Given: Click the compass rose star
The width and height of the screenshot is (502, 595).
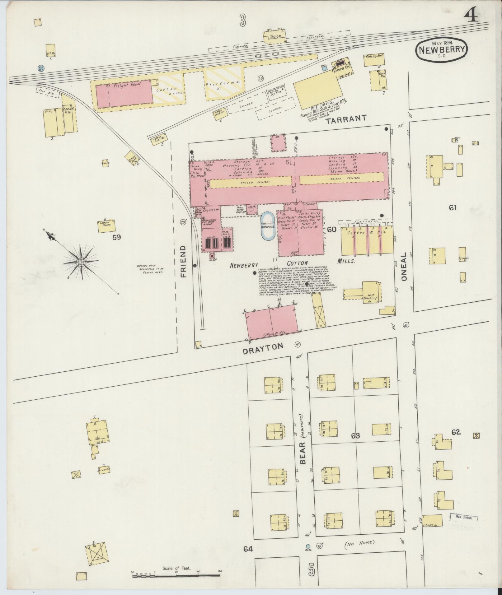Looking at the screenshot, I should [x=81, y=262].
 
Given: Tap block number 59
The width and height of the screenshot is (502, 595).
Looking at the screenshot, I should [x=116, y=237].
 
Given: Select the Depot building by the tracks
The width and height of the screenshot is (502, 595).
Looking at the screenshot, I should [x=274, y=36].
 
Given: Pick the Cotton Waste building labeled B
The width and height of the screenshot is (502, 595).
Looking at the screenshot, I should [x=107, y=226].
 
